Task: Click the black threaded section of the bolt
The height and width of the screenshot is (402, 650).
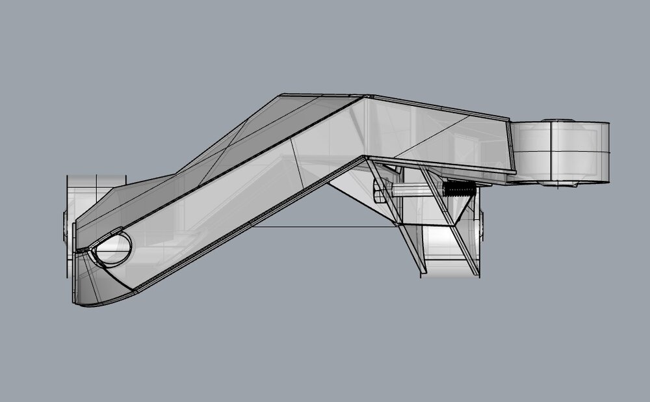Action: click(x=458, y=189)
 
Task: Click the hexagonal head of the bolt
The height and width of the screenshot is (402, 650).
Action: click(x=379, y=193)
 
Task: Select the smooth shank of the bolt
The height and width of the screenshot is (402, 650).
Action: click(x=416, y=189)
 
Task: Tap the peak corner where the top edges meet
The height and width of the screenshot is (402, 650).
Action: click(x=364, y=97)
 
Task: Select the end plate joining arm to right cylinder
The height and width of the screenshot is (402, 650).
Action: click(x=512, y=146)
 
